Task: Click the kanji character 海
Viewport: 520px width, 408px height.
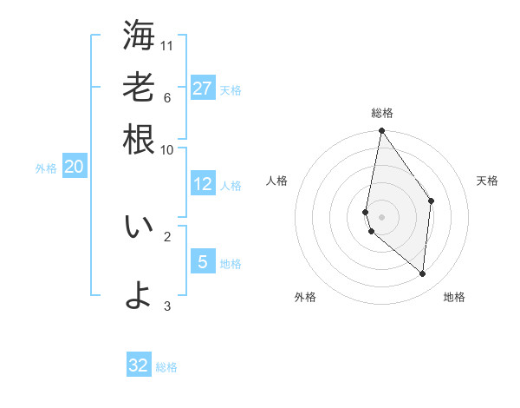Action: coord(139,36)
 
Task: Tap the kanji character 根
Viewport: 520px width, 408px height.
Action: coord(139,139)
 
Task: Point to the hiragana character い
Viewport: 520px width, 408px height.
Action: coord(139,227)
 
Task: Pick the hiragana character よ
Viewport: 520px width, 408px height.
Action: coord(139,295)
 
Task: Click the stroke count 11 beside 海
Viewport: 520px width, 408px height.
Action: coord(167,45)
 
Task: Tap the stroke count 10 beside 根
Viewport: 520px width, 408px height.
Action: coord(167,149)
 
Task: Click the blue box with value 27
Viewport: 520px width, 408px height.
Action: coord(202,89)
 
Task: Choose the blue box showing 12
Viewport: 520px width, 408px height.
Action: coord(202,184)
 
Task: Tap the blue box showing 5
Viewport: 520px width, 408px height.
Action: coord(202,261)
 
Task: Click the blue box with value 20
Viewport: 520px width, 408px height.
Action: coord(74,167)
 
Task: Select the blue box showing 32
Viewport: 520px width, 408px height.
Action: coord(139,365)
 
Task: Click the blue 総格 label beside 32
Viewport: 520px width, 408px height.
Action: coord(166,367)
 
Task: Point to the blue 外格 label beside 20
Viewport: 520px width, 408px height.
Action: coord(46,168)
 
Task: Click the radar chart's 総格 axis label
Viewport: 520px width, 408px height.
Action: coord(381,113)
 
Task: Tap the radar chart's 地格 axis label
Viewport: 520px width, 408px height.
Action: coord(454,297)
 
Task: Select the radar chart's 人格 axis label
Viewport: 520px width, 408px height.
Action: coord(277,181)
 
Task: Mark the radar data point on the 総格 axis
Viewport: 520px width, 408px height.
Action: coord(381,131)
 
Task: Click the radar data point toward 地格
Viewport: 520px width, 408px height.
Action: coord(422,273)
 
